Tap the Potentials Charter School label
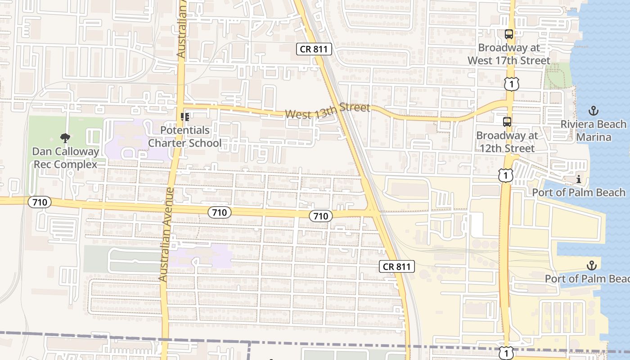point(185,137)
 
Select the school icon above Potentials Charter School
point(184,117)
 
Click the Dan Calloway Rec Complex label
point(65,157)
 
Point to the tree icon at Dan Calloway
point(65,138)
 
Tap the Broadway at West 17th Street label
point(508,54)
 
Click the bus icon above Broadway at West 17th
point(508,34)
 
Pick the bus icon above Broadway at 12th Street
point(507,121)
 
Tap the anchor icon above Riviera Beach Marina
point(593,111)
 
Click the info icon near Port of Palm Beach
point(579,180)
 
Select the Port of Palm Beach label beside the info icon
point(579,193)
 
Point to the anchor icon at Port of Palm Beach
point(591,265)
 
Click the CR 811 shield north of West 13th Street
point(314,49)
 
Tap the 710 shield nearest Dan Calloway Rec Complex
point(40,202)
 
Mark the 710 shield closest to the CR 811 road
point(320,216)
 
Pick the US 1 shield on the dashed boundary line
point(507,353)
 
